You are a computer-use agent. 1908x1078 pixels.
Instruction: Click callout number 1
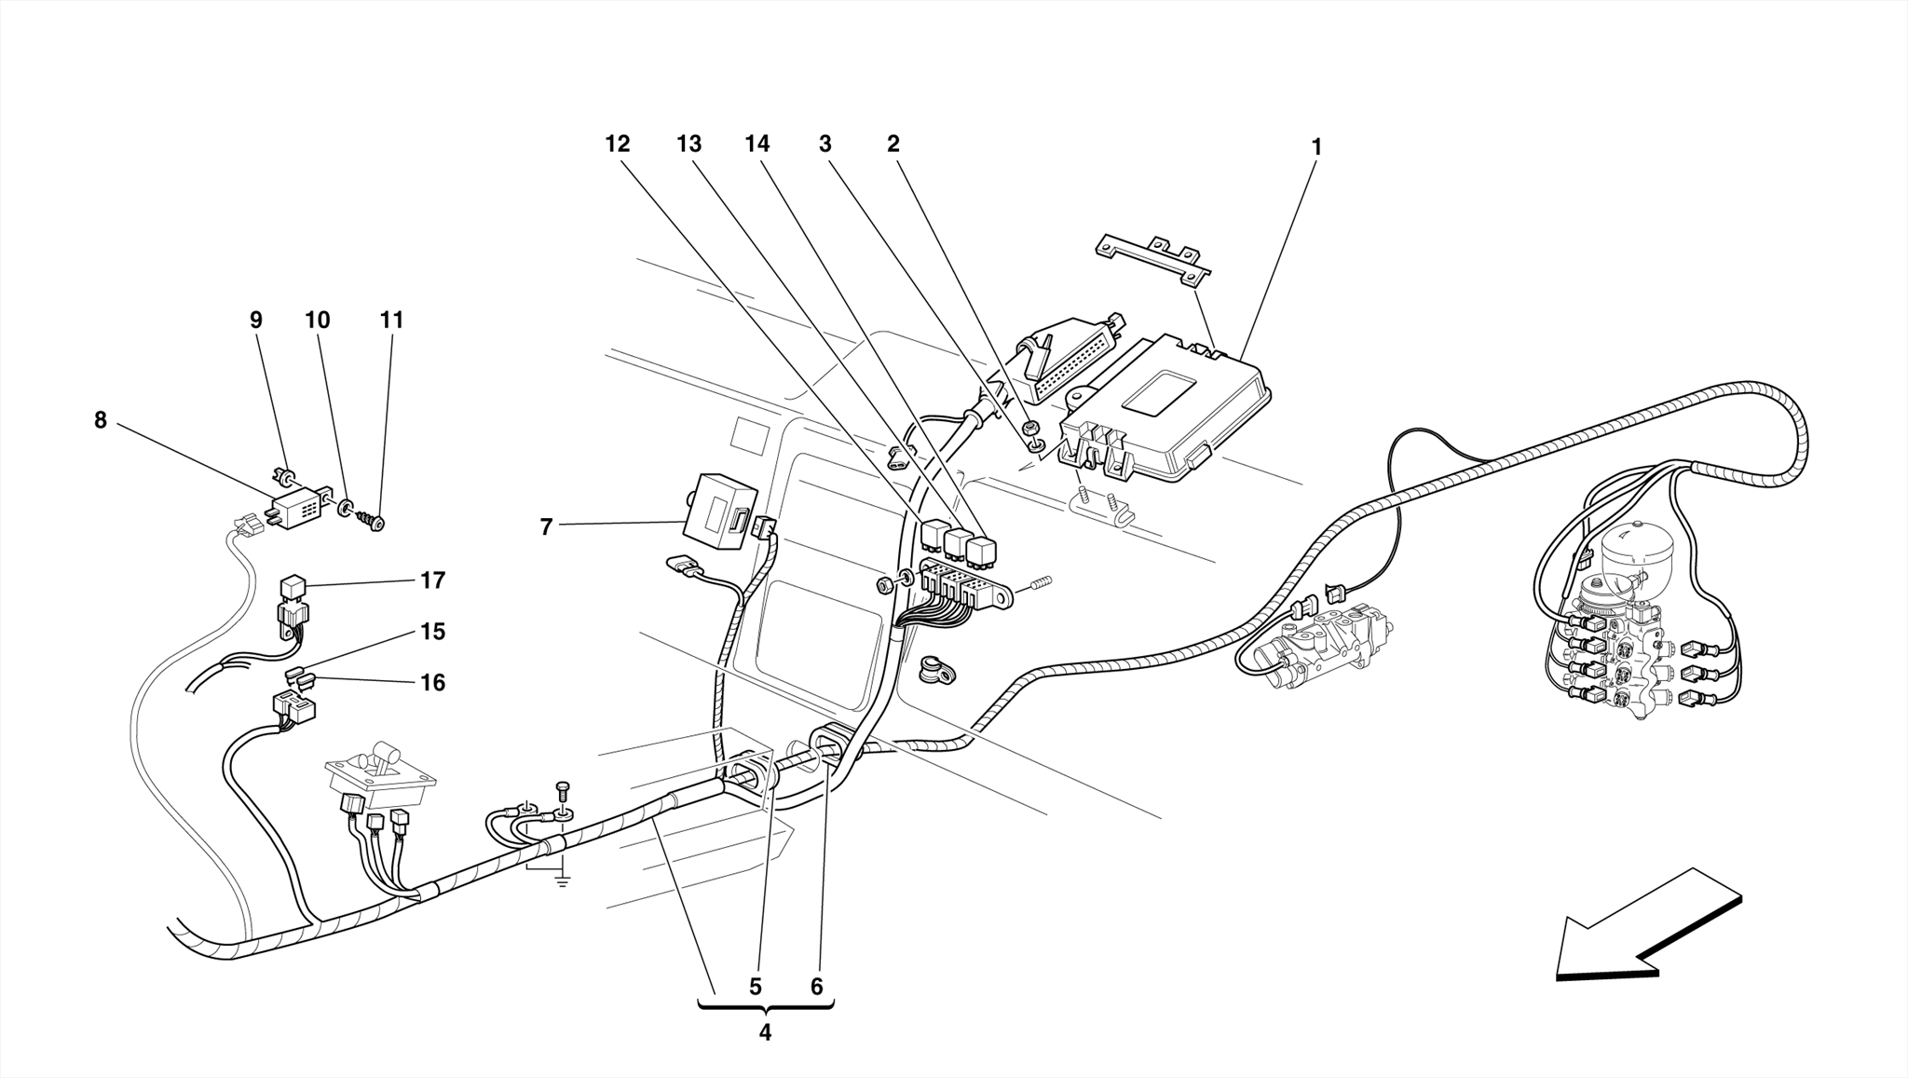[1315, 147]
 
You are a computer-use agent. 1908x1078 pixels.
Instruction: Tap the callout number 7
[547, 527]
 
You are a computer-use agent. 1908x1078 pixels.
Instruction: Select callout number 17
[432, 580]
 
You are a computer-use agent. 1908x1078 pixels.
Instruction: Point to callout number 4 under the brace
[765, 1033]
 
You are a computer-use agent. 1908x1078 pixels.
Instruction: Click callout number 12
[618, 144]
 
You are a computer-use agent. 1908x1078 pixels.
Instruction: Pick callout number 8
[101, 420]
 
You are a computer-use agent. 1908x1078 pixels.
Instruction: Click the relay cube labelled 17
[292, 588]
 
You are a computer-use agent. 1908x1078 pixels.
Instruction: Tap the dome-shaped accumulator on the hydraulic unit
[1636, 544]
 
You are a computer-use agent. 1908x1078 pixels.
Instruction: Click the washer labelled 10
[346, 509]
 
